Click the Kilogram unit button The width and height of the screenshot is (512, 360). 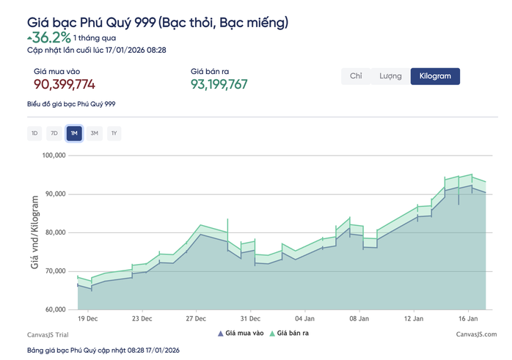tap(435, 76)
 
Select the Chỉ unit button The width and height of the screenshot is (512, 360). tap(356, 76)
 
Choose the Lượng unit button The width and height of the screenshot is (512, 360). tap(390, 76)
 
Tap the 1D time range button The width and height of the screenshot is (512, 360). tap(34, 133)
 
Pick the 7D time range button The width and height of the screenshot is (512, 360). tap(54, 133)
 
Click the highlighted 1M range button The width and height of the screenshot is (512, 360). tap(73, 133)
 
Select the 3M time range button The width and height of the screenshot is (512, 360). tap(94, 133)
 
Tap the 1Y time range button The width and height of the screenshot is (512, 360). tap(114, 133)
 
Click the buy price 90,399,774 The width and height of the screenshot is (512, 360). tap(65, 84)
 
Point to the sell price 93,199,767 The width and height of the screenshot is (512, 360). tap(219, 84)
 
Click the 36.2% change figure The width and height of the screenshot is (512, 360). tap(51, 37)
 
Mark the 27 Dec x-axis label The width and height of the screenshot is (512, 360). tap(197, 319)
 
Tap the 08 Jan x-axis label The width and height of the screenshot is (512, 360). tap(359, 319)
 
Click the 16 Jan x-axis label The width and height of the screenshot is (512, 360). tap(468, 319)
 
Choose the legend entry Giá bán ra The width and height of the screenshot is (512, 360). tap(292, 334)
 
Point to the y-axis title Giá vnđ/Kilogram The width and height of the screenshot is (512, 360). tap(34, 232)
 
